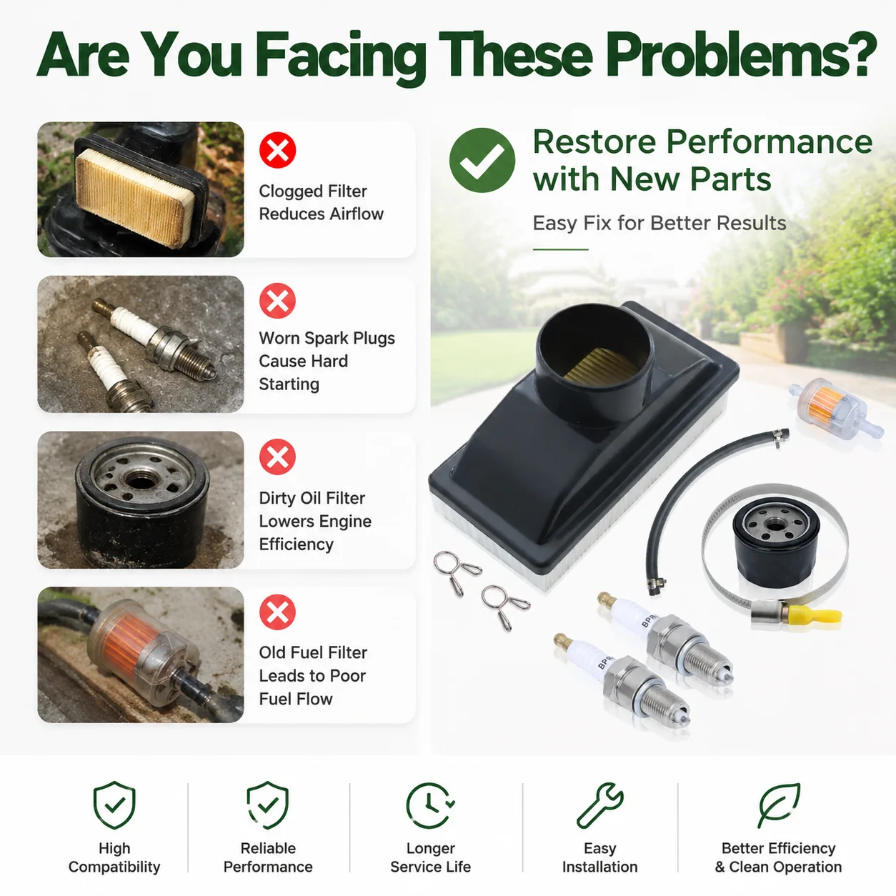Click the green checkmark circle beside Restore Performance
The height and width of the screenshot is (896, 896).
click(482, 161)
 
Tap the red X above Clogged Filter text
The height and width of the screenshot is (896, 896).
click(277, 150)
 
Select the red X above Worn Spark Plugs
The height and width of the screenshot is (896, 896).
click(277, 301)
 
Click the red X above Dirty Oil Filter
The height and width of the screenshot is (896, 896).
click(277, 457)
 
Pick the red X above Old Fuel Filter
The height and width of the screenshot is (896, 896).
click(277, 612)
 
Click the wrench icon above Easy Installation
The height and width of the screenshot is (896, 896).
click(599, 806)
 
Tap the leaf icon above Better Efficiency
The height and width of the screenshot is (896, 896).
click(779, 806)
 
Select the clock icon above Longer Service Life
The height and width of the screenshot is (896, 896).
click(430, 806)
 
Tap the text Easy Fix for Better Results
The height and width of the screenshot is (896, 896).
click(659, 223)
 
